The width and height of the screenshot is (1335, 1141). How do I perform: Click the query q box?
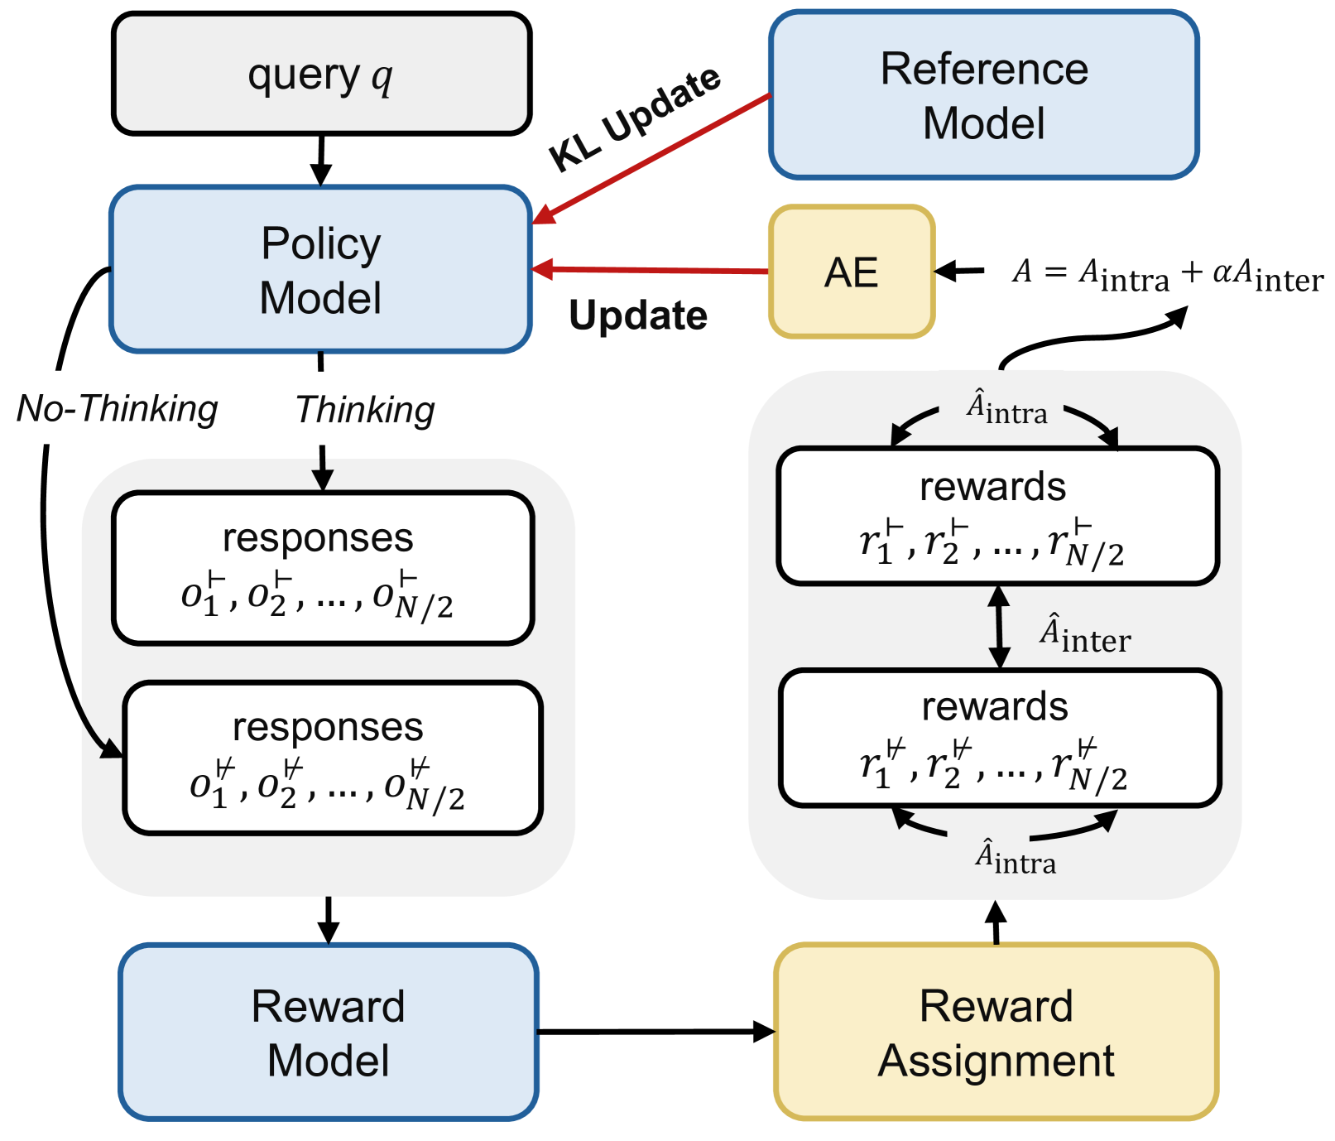321,75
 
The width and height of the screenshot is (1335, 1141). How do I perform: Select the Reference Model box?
983,95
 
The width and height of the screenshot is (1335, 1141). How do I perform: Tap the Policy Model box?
320,270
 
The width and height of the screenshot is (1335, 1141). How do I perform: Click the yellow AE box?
852,272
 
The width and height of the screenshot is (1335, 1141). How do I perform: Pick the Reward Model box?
329,1033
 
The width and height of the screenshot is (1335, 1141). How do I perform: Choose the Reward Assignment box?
996,1033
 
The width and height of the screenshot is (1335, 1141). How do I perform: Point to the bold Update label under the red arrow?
638,315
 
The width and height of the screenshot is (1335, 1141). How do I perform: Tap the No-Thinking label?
118,408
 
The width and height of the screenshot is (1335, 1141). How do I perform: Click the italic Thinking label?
365,410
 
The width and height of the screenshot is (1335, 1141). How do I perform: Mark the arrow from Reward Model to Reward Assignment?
654,1032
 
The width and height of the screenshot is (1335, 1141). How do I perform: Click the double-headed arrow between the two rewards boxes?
999,627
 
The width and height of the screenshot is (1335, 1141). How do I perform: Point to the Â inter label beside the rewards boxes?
1084,635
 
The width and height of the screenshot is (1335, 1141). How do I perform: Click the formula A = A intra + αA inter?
1167,274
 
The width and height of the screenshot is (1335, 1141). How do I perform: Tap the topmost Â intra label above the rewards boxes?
1006,409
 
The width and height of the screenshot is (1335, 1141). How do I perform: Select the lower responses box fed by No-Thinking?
332,758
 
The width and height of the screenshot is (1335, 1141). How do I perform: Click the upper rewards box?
997,516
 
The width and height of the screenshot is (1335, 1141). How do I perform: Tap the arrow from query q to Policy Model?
320,160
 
